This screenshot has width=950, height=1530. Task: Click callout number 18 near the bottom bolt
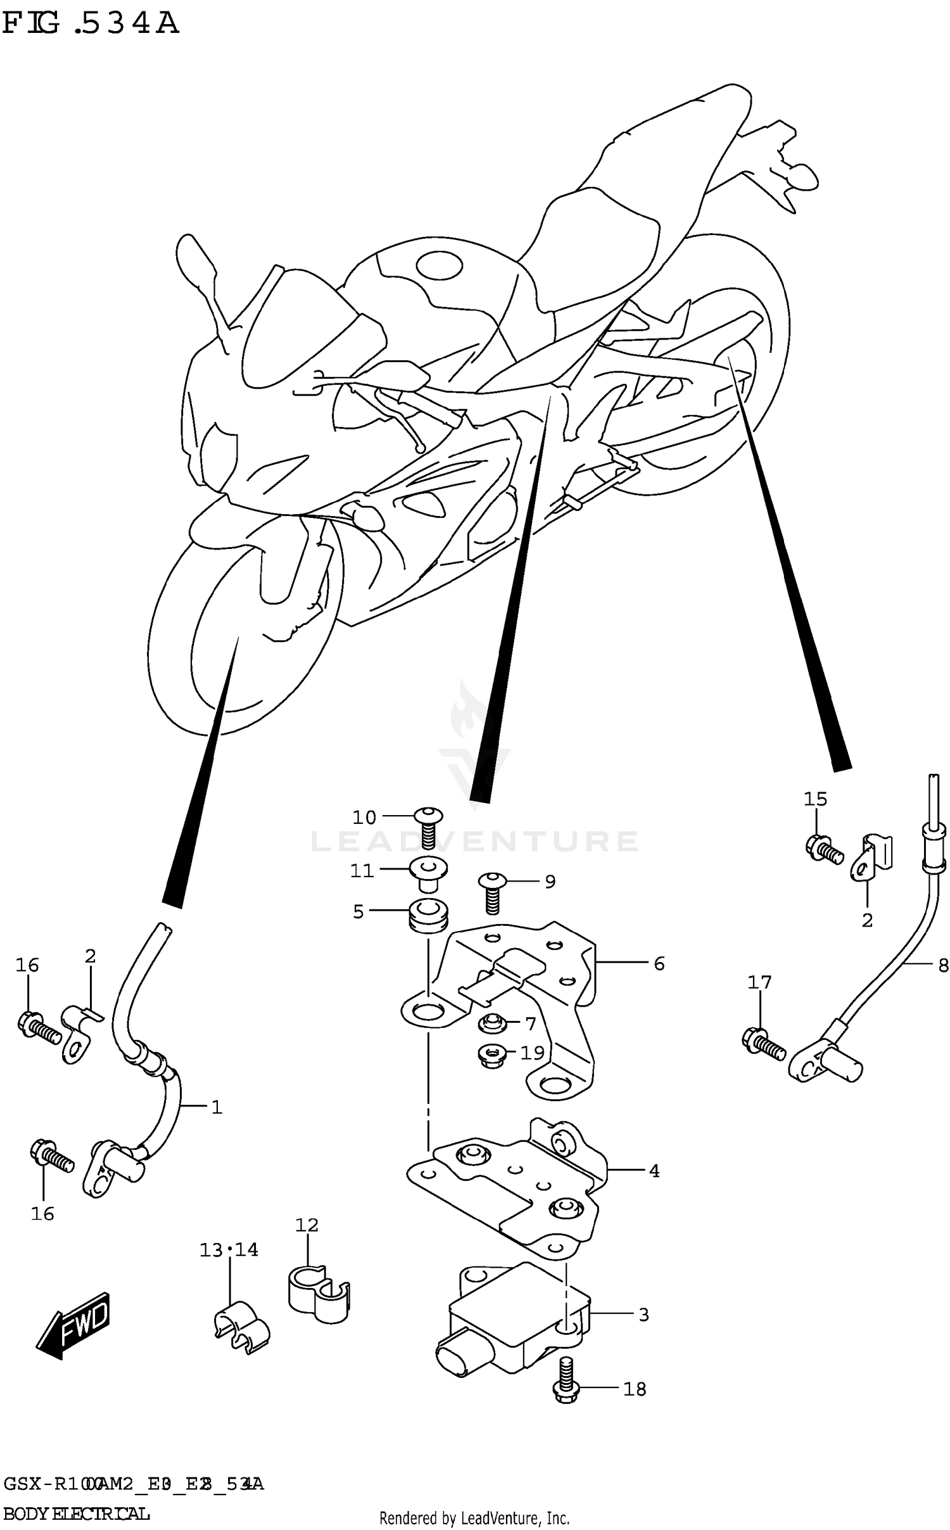coord(635,1389)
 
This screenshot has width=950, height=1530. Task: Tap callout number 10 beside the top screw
coord(364,818)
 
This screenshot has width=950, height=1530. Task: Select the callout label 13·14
coord(229,1250)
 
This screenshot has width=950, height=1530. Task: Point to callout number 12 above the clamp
coord(307,1225)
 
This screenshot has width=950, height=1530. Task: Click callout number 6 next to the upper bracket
coord(659,964)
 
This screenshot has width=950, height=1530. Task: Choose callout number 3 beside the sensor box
coord(643,1315)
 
